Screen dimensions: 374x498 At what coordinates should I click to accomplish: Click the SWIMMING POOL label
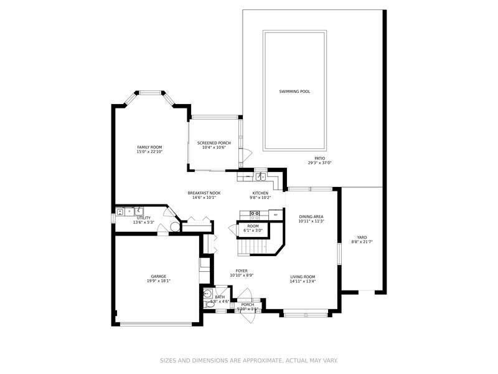294,92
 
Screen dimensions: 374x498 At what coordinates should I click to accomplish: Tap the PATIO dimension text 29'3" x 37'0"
319,163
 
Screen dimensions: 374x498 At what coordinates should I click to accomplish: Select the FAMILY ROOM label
149,147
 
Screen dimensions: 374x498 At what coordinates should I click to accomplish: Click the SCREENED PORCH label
214,143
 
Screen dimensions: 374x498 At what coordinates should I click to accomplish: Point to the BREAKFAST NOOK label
204,193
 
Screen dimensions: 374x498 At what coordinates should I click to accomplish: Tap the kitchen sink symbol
263,176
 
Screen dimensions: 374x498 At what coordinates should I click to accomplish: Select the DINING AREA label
311,216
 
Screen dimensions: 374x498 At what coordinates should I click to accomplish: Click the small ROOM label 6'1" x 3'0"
253,226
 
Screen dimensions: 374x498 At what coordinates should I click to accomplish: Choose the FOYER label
242,271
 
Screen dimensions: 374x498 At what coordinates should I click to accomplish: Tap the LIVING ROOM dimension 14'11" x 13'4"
303,281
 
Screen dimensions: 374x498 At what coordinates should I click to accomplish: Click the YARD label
362,237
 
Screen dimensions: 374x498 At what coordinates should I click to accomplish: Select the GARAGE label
158,276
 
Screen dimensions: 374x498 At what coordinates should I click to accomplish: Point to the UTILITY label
143,218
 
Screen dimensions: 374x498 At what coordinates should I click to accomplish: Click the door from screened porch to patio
247,153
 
